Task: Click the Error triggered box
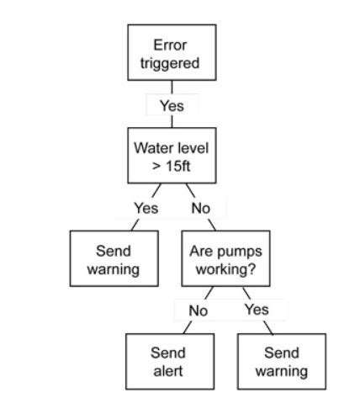(x=171, y=52)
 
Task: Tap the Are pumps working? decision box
(x=225, y=259)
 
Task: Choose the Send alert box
(x=167, y=362)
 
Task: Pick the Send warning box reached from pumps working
(x=281, y=362)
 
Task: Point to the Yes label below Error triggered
(x=172, y=106)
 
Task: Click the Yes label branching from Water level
(x=146, y=208)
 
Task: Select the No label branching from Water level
(x=200, y=208)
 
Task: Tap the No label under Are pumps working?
(x=197, y=311)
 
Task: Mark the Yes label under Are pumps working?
(x=256, y=310)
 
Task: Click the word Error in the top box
(x=170, y=45)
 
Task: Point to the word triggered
(x=171, y=62)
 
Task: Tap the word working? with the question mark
(x=225, y=269)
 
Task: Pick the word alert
(x=167, y=371)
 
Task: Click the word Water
(x=152, y=147)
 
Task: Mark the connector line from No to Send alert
(x=188, y=327)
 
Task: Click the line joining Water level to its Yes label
(x=155, y=191)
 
